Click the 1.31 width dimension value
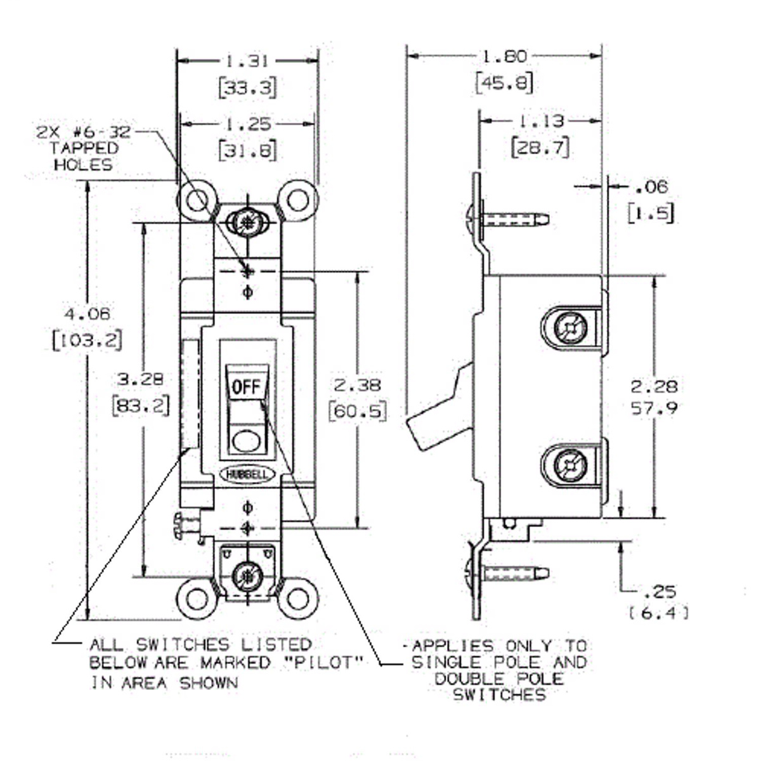(247, 61)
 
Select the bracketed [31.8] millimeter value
(248, 150)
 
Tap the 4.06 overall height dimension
(87, 314)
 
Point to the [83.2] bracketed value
(140, 405)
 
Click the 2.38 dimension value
(358, 384)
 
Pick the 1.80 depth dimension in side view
(504, 56)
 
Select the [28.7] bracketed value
(540, 147)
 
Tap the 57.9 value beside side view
(654, 407)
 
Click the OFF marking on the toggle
(246, 386)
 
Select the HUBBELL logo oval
(247, 474)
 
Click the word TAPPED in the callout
(84, 148)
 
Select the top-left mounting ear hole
(197, 200)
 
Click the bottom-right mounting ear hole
(297, 598)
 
